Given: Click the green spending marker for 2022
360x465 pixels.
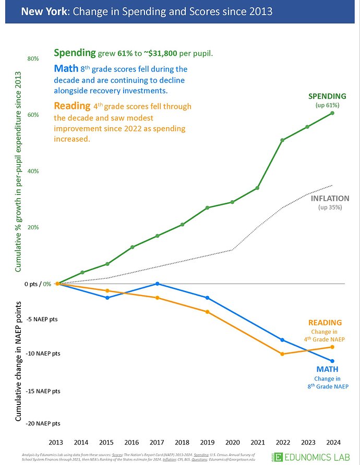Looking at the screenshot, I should click(282, 140).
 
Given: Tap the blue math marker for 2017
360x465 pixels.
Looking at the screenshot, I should click(157, 284).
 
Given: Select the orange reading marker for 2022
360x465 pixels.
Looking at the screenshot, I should click(282, 354).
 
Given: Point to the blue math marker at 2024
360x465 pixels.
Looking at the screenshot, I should click(332, 361).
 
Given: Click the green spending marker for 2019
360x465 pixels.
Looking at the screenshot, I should click(207, 207).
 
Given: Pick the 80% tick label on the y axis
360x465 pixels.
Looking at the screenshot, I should click(33, 58).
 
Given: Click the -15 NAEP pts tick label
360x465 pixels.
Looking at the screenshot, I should click(43, 391).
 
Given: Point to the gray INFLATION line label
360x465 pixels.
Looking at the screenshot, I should click(330, 198).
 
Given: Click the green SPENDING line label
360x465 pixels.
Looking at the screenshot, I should click(327, 96).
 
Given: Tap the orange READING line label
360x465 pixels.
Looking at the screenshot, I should click(325, 323).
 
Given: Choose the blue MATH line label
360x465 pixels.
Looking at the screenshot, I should click(327, 370).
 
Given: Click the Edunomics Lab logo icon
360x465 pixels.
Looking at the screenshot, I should click(279, 457).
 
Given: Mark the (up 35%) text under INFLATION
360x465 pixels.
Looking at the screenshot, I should click(330, 207).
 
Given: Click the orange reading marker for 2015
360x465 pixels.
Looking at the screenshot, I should click(107, 290).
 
